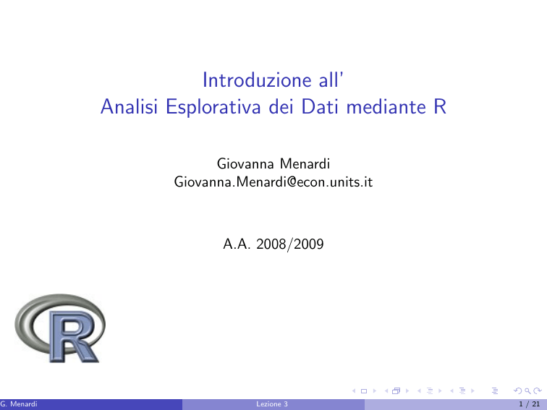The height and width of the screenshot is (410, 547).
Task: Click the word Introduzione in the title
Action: click(x=257, y=80)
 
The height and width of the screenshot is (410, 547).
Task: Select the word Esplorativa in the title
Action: click(x=213, y=107)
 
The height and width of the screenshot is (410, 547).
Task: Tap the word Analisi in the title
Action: click(x=129, y=106)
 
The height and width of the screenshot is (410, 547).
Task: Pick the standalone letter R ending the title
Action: click(x=440, y=107)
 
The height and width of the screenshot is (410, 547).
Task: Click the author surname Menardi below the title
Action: click(x=305, y=163)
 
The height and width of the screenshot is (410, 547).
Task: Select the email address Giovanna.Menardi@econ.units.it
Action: click(x=273, y=181)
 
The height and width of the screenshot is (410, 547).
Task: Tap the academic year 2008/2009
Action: click(x=290, y=244)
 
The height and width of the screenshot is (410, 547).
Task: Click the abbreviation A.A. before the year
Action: click(x=237, y=244)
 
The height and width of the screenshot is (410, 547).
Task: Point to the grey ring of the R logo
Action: click(x=21, y=324)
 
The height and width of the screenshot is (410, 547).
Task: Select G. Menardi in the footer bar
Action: click(x=19, y=404)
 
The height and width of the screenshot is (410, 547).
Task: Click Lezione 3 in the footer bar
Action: click(x=272, y=404)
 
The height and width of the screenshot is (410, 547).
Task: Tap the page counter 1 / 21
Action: click(x=530, y=404)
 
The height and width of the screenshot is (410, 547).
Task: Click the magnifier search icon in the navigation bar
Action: click(x=527, y=390)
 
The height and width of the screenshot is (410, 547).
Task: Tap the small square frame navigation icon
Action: click(x=364, y=390)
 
